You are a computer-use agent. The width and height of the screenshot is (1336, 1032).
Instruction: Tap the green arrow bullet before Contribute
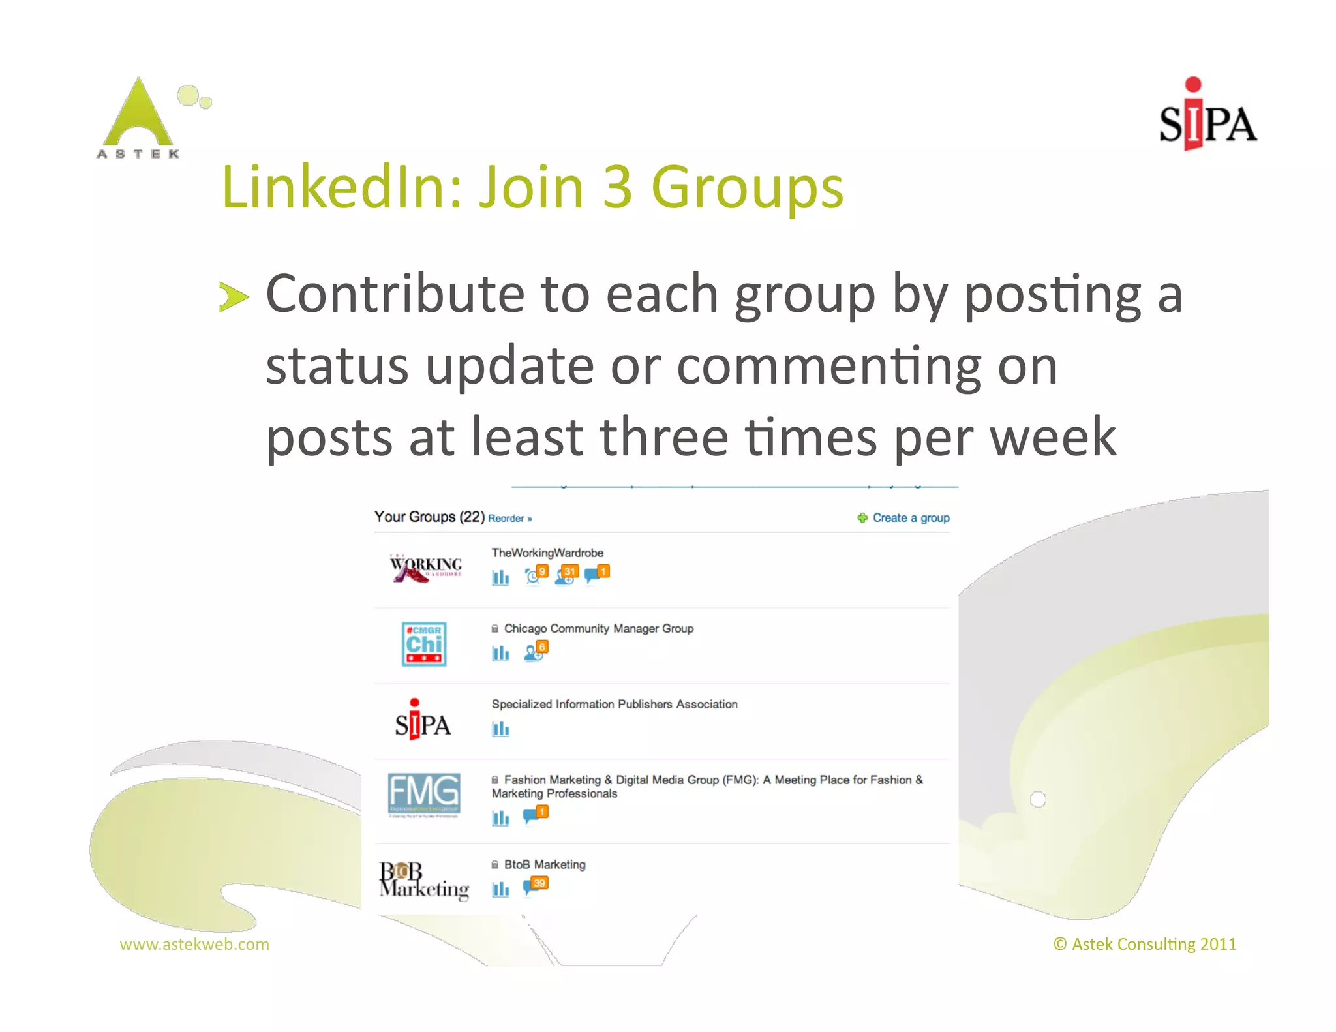pos(234,297)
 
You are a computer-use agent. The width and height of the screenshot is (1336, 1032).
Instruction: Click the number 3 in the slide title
pos(617,188)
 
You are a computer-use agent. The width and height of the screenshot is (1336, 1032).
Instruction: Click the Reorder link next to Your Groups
pos(509,519)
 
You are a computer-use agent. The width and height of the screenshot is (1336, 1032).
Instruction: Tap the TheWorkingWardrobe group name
pos(547,553)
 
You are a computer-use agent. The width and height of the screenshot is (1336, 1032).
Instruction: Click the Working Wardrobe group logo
pos(425,568)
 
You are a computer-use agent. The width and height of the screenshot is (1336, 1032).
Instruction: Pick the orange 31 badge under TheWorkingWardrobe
pos(570,571)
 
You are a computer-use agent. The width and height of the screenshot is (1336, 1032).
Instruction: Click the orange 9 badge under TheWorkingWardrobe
pos(542,571)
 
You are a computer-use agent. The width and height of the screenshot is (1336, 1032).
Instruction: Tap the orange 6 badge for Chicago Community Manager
pos(542,646)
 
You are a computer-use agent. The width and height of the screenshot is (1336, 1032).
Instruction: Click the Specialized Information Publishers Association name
pos(615,705)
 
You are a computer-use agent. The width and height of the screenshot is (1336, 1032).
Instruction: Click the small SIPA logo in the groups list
pos(423,720)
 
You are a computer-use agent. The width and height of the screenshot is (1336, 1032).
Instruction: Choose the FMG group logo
pos(424,795)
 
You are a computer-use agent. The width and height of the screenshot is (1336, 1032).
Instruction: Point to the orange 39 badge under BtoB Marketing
pos(539,883)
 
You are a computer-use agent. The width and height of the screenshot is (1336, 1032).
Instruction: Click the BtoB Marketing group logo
pos(424,881)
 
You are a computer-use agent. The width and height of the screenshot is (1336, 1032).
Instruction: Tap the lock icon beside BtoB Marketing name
pos(495,864)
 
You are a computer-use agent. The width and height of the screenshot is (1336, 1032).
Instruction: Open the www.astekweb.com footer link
pos(194,945)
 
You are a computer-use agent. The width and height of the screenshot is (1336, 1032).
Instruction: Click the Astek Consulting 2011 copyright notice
pos(1145,945)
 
